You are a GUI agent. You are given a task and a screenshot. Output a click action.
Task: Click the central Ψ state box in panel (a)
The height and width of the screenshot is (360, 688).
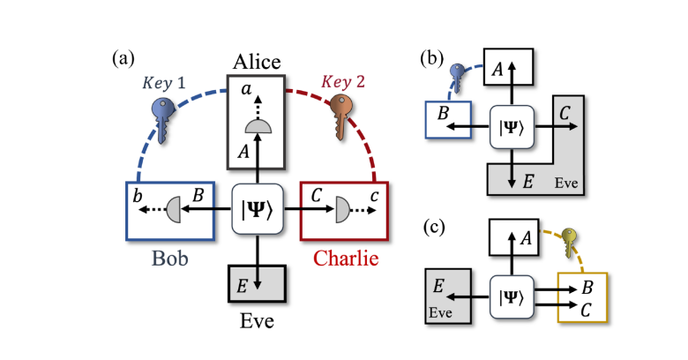[256, 212]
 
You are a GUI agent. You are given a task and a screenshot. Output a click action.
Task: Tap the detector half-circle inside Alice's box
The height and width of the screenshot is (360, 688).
[256, 127]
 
